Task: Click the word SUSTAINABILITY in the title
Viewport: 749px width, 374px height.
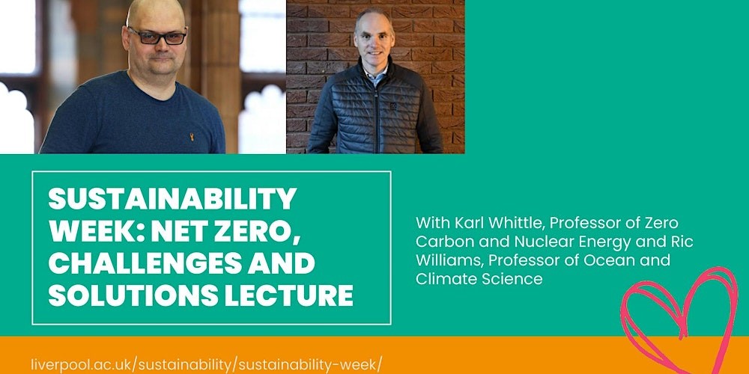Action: [x=172, y=198]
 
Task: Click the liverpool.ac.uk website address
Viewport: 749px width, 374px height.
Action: [x=207, y=364]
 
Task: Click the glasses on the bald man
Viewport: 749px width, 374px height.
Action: [x=156, y=36]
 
